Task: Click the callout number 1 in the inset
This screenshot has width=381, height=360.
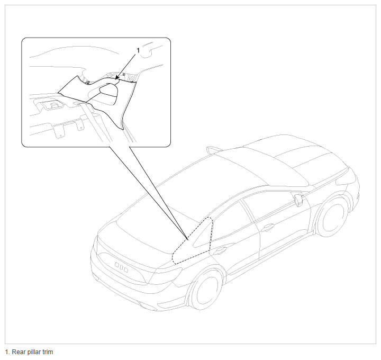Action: (138, 50)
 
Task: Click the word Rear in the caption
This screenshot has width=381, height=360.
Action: (17, 352)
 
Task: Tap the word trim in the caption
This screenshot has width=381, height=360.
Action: (47, 352)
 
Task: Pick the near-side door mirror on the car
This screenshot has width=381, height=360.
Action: (298, 200)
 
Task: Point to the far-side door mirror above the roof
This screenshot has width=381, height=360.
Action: (214, 150)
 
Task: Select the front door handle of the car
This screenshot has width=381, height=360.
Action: (268, 227)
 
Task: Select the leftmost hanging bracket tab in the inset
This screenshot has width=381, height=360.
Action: (59, 131)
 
